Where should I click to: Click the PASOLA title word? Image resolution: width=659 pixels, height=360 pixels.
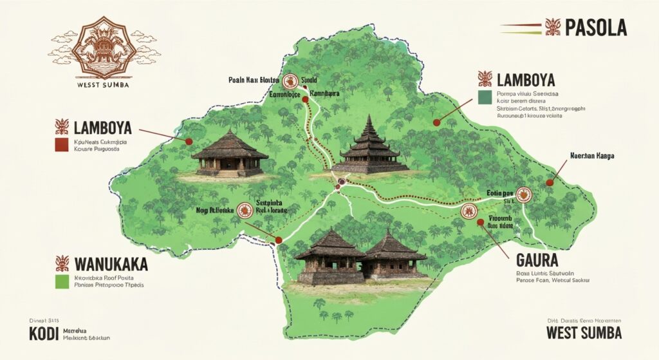pyautogui.click(x=596, y=28)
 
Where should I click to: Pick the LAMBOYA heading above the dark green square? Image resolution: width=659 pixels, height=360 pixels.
pyautogui.click(x=525, y=81)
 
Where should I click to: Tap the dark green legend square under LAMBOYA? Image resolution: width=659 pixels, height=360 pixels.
pyautogui.click(x=485, y=97)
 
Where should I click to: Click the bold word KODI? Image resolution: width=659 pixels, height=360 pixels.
pyautogui.click(x=44, y=334)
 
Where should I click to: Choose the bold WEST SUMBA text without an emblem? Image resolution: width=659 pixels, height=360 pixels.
pyautogui.click(x=584, y=333)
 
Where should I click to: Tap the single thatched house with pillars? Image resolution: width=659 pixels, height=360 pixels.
pyautogui.click(x=230, y=154)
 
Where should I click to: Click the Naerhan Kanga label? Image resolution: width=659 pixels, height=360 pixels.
pyautogui.click(x=593, y=156)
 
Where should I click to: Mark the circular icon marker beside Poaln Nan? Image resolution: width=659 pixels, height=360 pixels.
pyautogui.click(x=292, y=81)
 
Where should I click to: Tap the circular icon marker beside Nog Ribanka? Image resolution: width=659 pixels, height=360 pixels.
pyautogui.click(x=244, y=209)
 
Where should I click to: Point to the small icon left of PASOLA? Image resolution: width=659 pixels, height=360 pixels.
pyautogui.click(x=552, y=27)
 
